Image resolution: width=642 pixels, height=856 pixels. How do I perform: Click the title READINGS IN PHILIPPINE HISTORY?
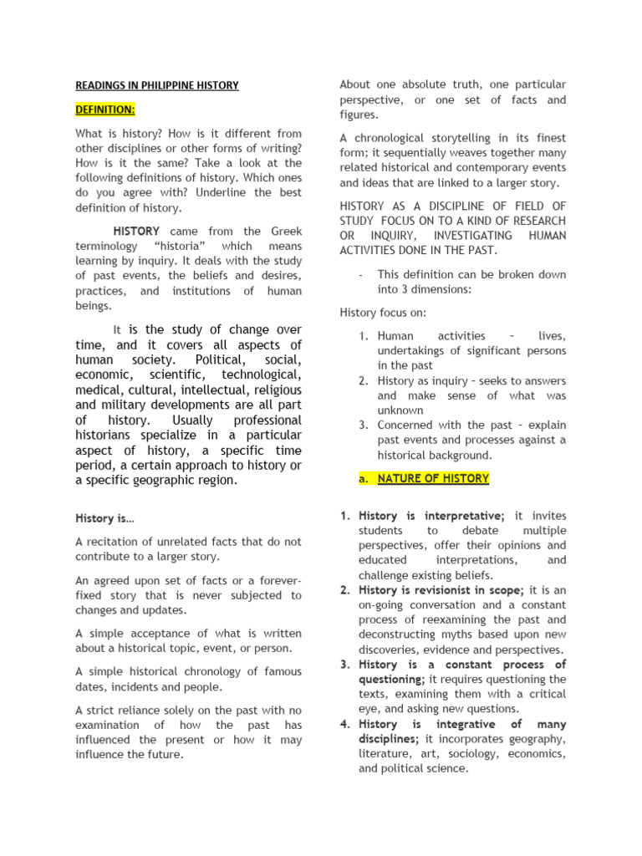pyautogui.click(x=157, y=85)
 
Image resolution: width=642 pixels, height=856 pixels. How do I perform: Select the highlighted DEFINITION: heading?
pyautogui.click(x=105, y=110)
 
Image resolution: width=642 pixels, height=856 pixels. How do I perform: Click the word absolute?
pyautogui.click(x=421, y=84)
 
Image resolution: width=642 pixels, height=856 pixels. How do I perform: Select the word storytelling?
pyautogui.click(x=473, y=138)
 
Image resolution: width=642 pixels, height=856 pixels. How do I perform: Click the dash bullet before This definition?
pyautogui.click(x=359, y=274)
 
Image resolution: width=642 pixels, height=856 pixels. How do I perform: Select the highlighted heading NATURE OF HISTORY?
pyautogui.click(x=433, y=479)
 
